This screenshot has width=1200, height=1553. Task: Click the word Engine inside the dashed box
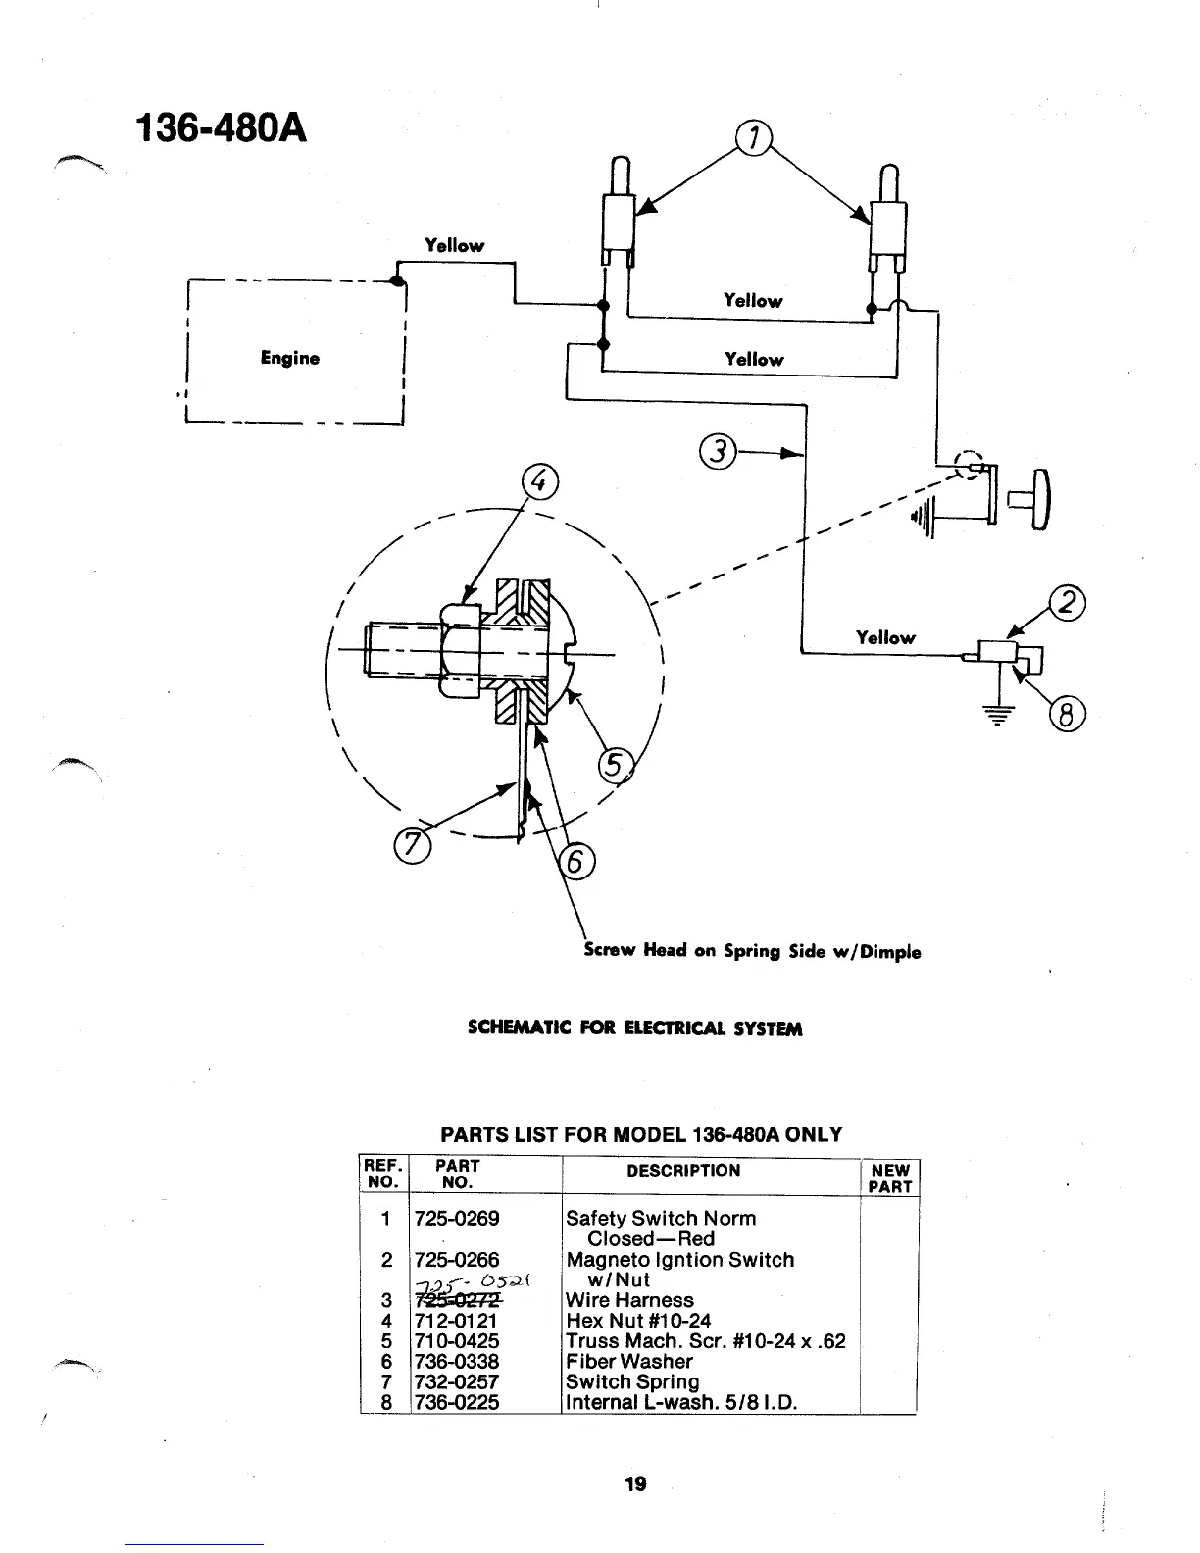pos(290,358)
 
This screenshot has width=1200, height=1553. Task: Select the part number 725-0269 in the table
pos(457,1219)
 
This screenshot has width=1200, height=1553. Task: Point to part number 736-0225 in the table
pos(457,1403)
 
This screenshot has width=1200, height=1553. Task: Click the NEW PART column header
pos(890,1178)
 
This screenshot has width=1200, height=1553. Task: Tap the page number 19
pos(635,1483)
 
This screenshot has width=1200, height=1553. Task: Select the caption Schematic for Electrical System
pos(635,1028)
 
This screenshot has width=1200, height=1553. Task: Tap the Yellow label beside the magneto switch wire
pos(885,637)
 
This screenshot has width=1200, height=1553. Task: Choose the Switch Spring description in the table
pos(632,1382)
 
